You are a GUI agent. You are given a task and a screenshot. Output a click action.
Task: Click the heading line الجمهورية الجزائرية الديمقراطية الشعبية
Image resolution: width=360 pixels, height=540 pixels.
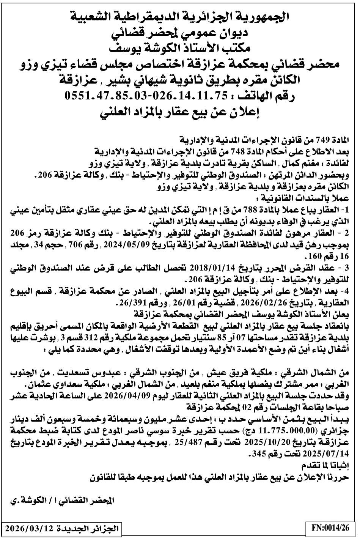point(180,16)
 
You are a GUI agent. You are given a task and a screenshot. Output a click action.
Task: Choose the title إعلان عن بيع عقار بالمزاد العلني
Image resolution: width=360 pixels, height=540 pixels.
point(180,113)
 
